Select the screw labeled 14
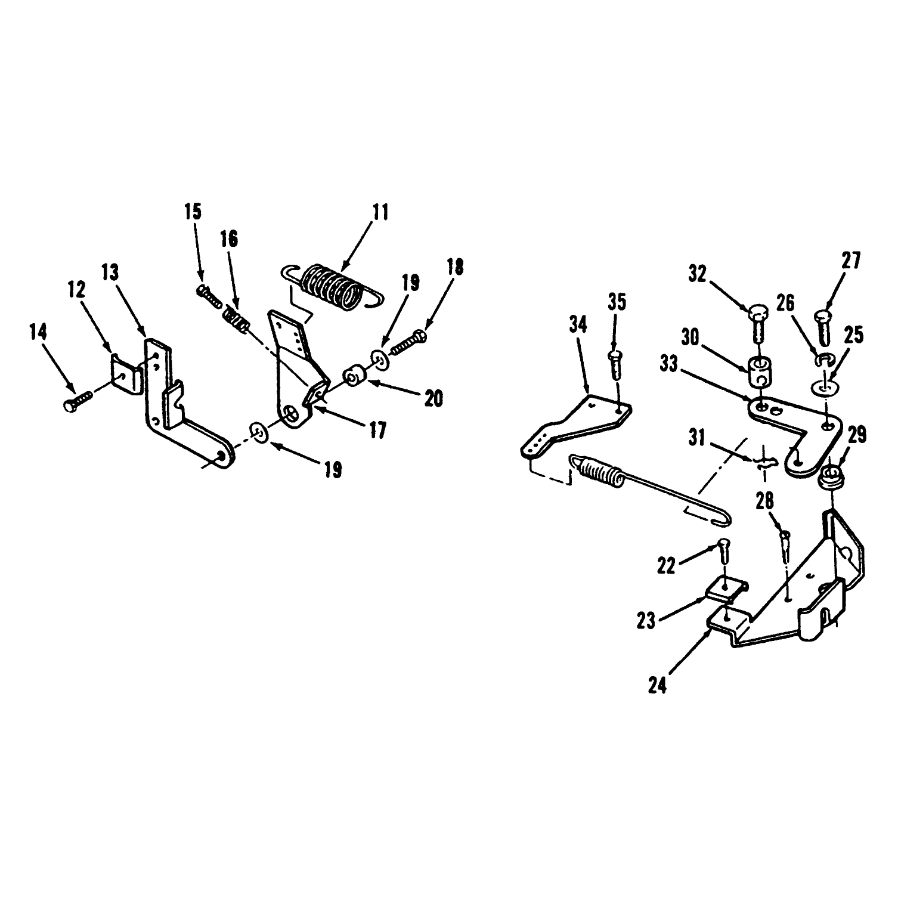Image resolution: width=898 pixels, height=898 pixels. point(78,400)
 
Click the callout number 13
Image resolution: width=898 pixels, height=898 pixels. point(110,273)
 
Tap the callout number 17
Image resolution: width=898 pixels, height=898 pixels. point(377,429)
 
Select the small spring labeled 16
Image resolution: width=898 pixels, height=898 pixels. point(236,322)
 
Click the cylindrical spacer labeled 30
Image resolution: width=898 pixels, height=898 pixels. point(758,371)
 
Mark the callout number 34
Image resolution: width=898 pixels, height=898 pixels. point(578,325)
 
